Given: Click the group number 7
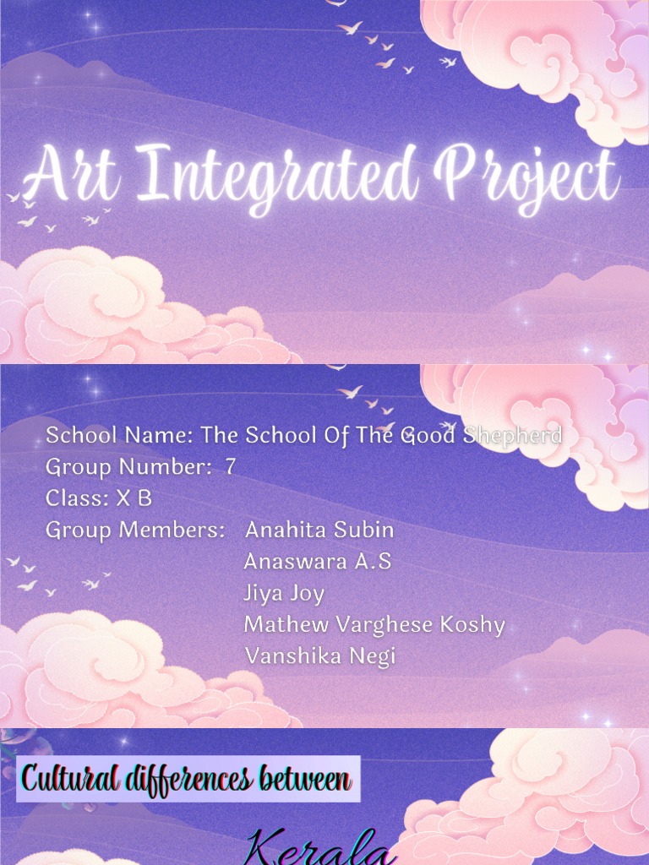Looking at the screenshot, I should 230,467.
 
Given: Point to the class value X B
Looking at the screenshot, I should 134,498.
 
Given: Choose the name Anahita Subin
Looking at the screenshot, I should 319,530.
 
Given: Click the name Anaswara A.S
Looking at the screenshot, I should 317,562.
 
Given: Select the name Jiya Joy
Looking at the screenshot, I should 284,594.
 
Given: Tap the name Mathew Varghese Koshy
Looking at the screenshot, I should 374,625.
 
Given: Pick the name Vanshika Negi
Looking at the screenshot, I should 319,656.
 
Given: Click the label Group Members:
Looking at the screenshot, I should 135,530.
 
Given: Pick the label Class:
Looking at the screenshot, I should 77,498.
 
